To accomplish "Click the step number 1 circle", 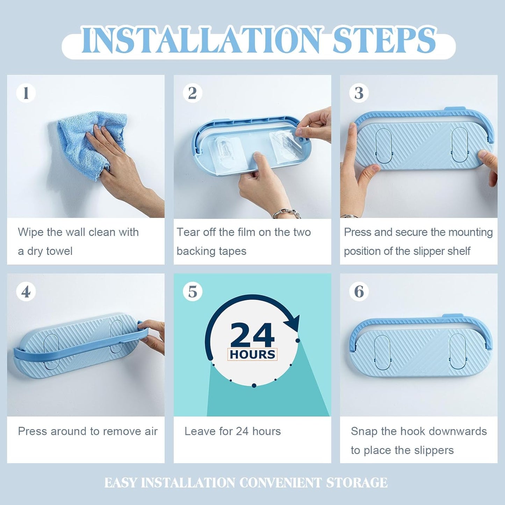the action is click(26, 93).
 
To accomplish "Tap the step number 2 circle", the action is click(192, 93).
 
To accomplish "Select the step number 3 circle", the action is click(359, 93).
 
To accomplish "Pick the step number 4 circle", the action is click(26, 291).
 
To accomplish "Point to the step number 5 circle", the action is click(192, 291).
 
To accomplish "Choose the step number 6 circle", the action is click(359, 291).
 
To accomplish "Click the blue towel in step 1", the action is click(86, 142).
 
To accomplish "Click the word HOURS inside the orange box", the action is click(252, 354).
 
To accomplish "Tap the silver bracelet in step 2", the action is click(287, 213).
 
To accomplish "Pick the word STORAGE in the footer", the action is click(357, 483).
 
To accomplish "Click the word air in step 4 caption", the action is click(151, 431).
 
